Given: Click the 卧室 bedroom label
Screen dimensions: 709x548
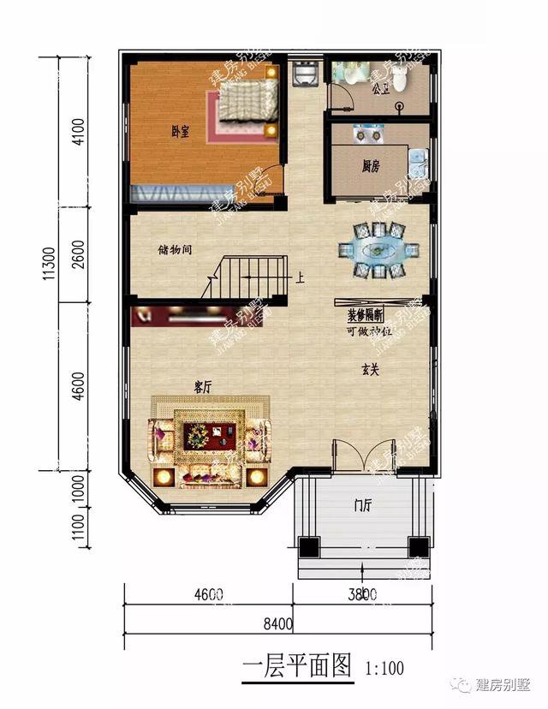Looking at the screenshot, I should (180, 131).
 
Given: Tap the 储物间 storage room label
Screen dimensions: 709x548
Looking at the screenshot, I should (174, 251).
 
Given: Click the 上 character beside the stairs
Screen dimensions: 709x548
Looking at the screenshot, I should (301, 277).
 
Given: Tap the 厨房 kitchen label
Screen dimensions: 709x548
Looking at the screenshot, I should (371, 166).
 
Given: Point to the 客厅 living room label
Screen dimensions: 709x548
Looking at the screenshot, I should (203, 387).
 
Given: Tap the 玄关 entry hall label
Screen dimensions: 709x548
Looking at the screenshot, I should (370, 370).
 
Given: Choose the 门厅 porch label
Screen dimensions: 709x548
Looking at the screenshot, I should (361, 504).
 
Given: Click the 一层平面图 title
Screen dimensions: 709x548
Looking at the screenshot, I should (296, 664).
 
